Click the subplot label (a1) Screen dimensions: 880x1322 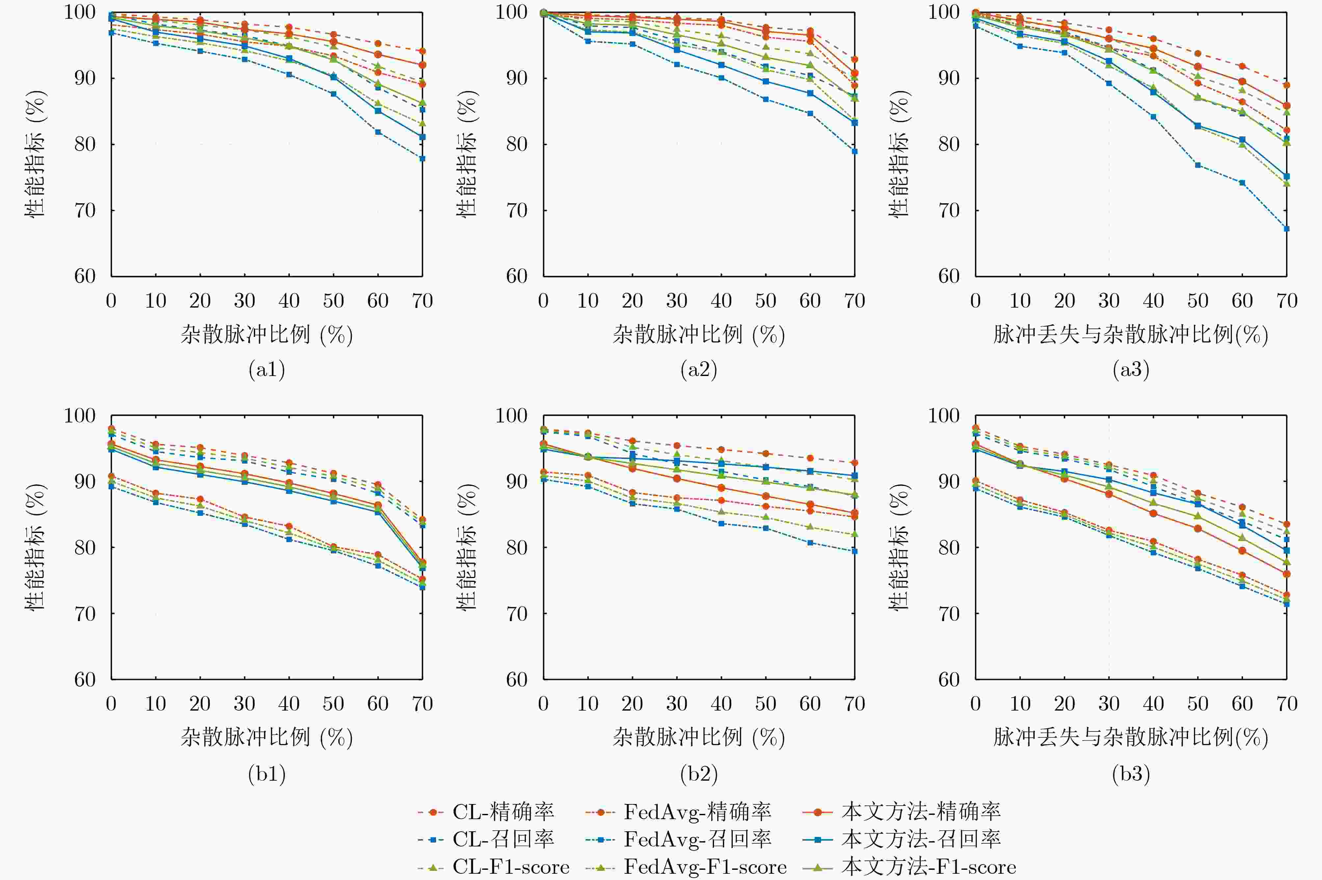click(267, 369)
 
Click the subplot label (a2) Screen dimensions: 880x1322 click(699, 369)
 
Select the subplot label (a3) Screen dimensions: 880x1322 click(1131, 369)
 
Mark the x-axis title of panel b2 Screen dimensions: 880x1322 click(699, 738)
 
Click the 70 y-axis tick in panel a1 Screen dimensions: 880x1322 click(85, 211)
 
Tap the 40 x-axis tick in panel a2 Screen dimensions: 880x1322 click(721, 301)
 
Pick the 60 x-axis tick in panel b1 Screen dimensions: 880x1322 click(378, 704)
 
